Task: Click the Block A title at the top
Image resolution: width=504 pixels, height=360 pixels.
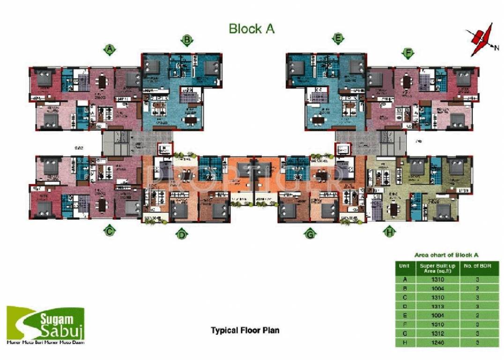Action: tap(251, 29)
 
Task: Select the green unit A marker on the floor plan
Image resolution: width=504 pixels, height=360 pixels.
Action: tap(110, 49)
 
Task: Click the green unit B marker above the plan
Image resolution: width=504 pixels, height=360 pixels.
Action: tap(187, 41)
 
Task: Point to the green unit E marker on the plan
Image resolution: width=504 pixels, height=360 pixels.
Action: tap(338, 38)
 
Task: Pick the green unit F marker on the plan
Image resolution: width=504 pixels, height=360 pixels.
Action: tap(408, 53)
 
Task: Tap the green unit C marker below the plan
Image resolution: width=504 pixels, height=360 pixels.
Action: tap(109, 231)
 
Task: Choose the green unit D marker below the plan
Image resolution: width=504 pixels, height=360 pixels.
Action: tap(182, 234)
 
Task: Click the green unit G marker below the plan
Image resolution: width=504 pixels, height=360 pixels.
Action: tap(310, 234)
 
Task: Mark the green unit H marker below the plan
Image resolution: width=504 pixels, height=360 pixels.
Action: tap(388, 231)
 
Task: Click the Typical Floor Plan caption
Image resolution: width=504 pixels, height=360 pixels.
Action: tap(245, 330)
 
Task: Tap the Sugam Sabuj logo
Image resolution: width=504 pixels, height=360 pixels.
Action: tap(45, 325)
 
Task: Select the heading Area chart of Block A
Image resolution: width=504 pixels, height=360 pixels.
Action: tap(446, 255)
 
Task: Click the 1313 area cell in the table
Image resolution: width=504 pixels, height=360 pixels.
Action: tap(437, 307)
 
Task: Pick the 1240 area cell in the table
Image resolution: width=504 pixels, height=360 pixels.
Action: tap(437, 343)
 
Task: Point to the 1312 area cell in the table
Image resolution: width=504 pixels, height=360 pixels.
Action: tap(437, 334)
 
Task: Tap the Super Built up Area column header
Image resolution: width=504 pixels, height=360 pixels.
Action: tap(437, 268)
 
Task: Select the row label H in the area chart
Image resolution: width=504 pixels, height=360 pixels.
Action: tap(405, 343)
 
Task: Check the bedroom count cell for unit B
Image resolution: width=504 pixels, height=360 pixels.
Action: tap(476, 289)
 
